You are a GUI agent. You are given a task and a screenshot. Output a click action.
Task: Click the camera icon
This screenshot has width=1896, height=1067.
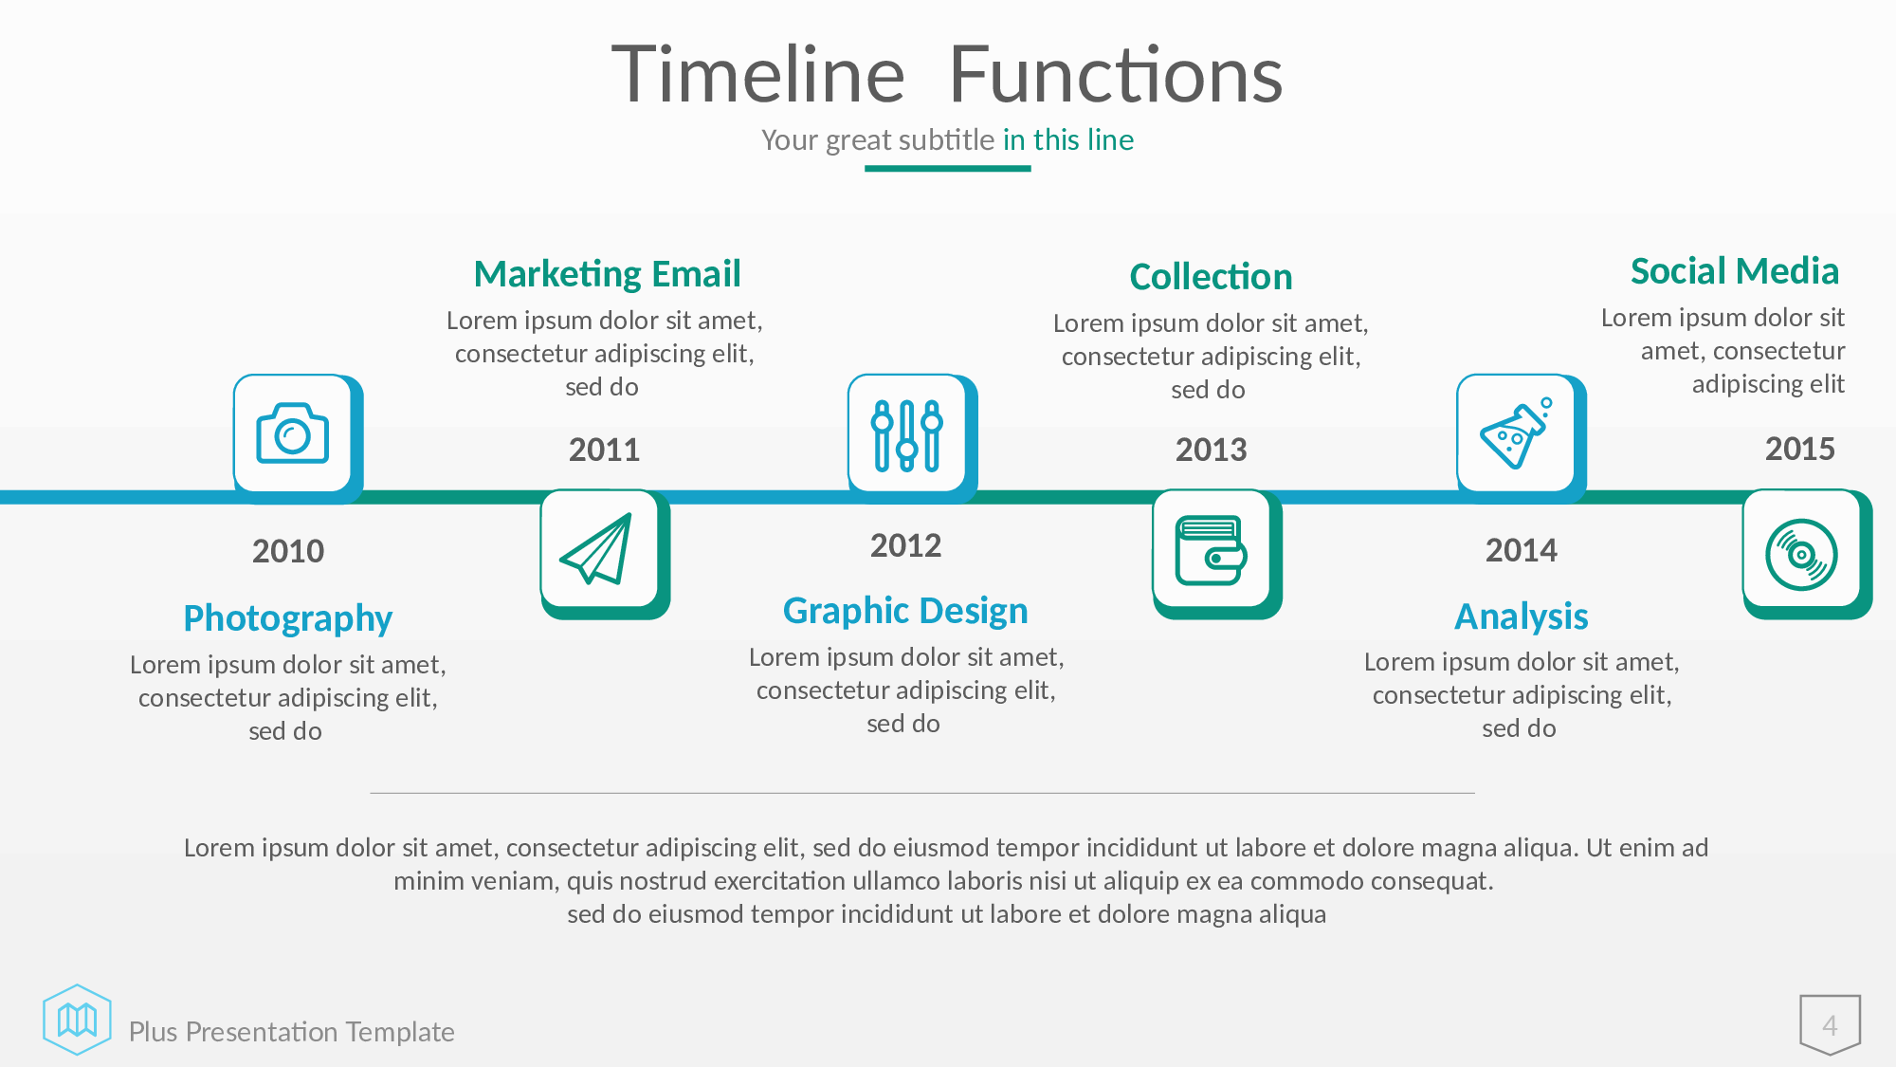[x=292, y=433]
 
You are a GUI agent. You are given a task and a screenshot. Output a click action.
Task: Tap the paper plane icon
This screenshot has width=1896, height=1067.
[x=597, y=549]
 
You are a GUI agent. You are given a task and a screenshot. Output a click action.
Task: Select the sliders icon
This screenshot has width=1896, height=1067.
[x=907, y=435]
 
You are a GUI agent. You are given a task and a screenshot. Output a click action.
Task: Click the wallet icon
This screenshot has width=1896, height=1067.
[x=1211, y=550]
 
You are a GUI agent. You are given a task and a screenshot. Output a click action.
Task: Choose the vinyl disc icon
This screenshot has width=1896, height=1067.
[x=1801, y=555]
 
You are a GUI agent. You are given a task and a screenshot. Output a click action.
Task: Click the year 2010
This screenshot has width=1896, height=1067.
[x=288, y=551]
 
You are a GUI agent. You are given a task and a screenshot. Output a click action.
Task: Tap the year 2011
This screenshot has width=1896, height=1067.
[x=605, y=450]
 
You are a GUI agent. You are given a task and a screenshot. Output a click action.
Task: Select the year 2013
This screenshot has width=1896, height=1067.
[x=1212, y=450]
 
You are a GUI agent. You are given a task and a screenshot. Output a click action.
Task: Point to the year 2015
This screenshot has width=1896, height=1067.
[x=1800, y=449]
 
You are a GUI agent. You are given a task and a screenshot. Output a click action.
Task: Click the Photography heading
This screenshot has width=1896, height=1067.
[x=288, y=618]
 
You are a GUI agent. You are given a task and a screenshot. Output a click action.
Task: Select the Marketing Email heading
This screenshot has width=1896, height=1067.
[x=607, y=274]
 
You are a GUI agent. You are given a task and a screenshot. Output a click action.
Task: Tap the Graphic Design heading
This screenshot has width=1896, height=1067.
[x=905, y=612]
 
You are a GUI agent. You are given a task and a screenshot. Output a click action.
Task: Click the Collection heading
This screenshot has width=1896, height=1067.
[x=1211, y=277]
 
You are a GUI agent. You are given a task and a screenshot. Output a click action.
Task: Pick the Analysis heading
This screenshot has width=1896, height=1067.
[x=1522, y=617]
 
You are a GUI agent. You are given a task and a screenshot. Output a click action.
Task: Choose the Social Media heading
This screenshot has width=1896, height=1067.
[x=1735, y=271]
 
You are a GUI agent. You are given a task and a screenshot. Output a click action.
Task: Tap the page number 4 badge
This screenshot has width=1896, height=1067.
[x=1831, y=1024]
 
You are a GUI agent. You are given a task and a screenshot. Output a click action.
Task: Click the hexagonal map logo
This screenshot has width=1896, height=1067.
[x=77, y=1020]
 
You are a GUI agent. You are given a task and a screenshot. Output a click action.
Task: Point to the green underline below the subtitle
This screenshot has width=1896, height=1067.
[x=947, y=169]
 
